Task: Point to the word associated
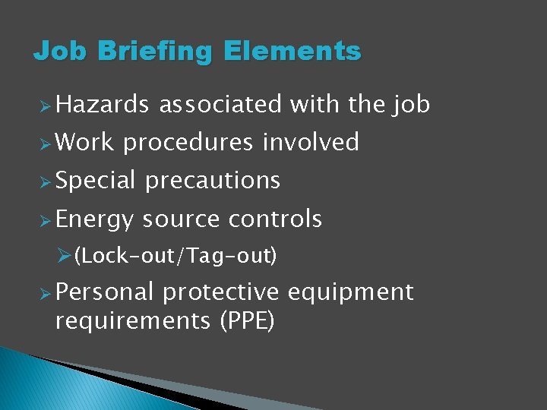[220, 104]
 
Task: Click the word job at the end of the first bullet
[411, 104]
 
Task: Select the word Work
[84, 142]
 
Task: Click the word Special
[95, 181]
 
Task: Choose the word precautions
[213, 181]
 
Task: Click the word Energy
[94, 219]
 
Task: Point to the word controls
[275, 219]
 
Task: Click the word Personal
[105, 292]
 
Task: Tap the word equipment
[351, 292]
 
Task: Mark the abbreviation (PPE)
[246, 321]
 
